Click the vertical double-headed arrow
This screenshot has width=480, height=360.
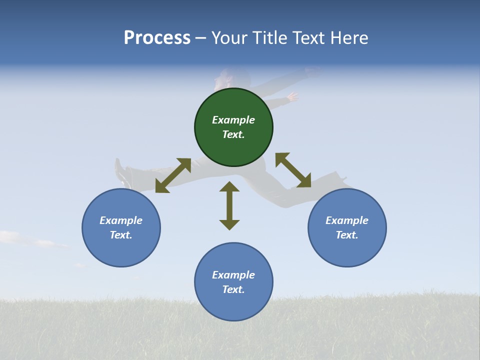tap(229, 205)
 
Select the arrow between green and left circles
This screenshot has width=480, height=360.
tap(173, 175)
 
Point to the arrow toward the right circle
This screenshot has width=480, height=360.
tap(293, 170)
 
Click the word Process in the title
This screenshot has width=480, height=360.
tap(157, 38)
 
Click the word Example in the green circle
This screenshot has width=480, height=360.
tap(233, 120)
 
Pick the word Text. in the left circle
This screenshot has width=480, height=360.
tap(121, 235)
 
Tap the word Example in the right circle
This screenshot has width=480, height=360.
tap(347, 220)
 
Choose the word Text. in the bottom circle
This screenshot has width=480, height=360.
tap(233, 289)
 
